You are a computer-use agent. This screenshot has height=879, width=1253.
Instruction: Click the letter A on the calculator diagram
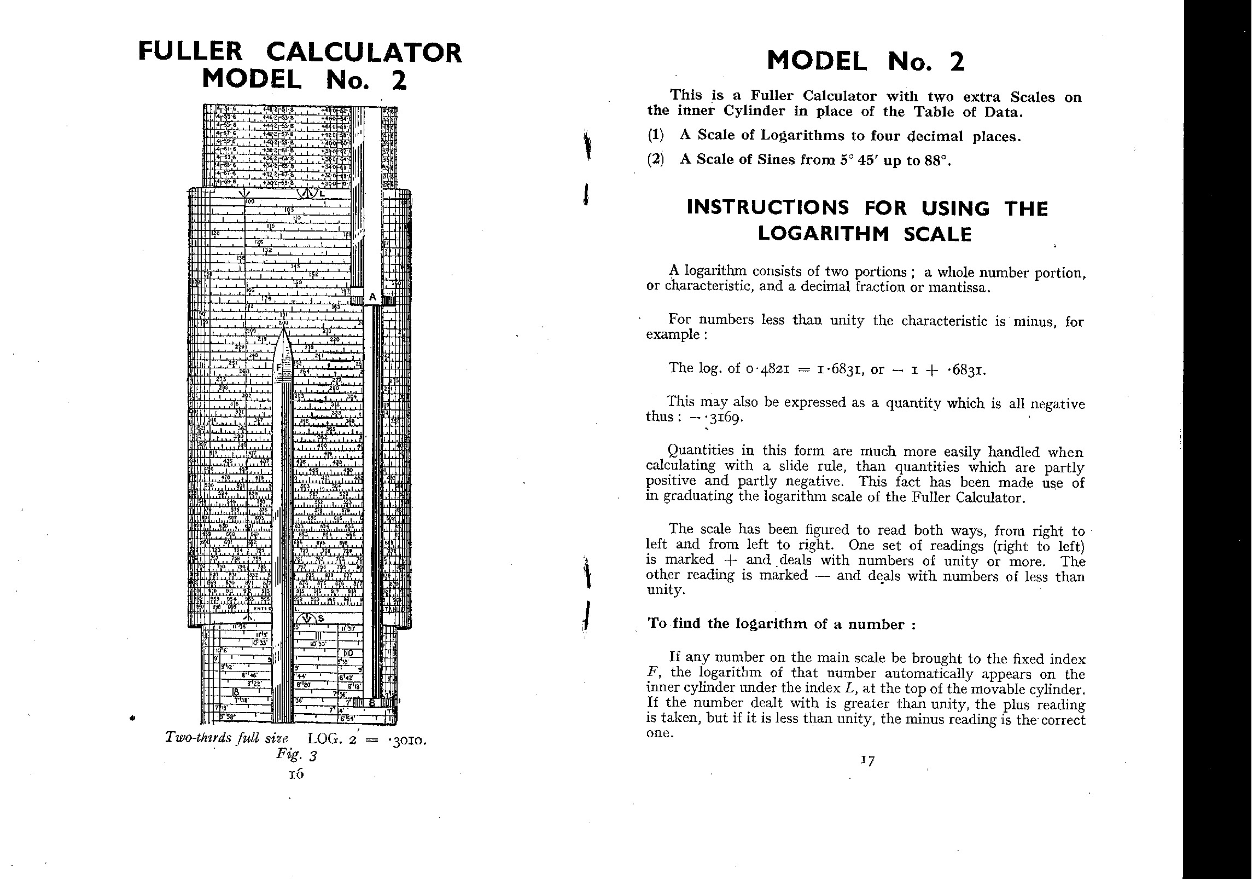372,297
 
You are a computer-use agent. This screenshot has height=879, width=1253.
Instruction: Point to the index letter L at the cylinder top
322,193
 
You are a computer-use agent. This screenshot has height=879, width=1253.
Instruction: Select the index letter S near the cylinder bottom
320,618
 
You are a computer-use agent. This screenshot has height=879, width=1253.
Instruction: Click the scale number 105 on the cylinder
289,210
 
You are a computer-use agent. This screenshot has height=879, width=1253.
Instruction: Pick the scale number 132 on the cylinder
267,250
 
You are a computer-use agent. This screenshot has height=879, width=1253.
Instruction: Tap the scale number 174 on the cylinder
266,298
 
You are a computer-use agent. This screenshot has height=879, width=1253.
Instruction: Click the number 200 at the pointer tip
283,323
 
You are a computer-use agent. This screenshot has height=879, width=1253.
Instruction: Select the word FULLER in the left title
190,52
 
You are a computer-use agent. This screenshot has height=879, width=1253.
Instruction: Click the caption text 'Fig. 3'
296,755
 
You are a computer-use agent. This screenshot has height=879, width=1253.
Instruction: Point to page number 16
296,774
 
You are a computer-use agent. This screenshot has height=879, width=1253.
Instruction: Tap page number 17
867,760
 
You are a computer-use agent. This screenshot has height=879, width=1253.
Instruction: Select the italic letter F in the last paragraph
651,673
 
